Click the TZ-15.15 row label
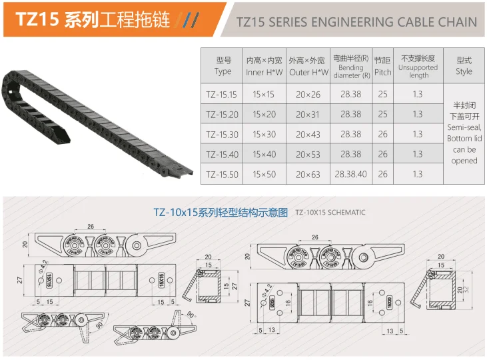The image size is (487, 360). point(223,94)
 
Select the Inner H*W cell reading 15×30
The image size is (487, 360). point(264,134)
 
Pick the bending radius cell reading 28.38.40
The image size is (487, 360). point(350,174)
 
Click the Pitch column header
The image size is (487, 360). point(382,65)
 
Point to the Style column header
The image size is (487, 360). point(464,65)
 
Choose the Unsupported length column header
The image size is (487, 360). point(418,65)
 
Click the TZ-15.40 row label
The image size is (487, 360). point(223,154)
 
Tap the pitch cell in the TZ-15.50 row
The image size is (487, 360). point(382,174)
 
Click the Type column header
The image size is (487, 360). point(223,65)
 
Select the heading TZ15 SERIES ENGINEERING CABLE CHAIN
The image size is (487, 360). point(357,21)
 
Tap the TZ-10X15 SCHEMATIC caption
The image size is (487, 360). point(330,213)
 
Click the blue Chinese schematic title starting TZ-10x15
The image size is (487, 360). point(221,213)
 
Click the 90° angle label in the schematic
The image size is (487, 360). point(193,312)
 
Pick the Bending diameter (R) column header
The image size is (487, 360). point(350,65)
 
